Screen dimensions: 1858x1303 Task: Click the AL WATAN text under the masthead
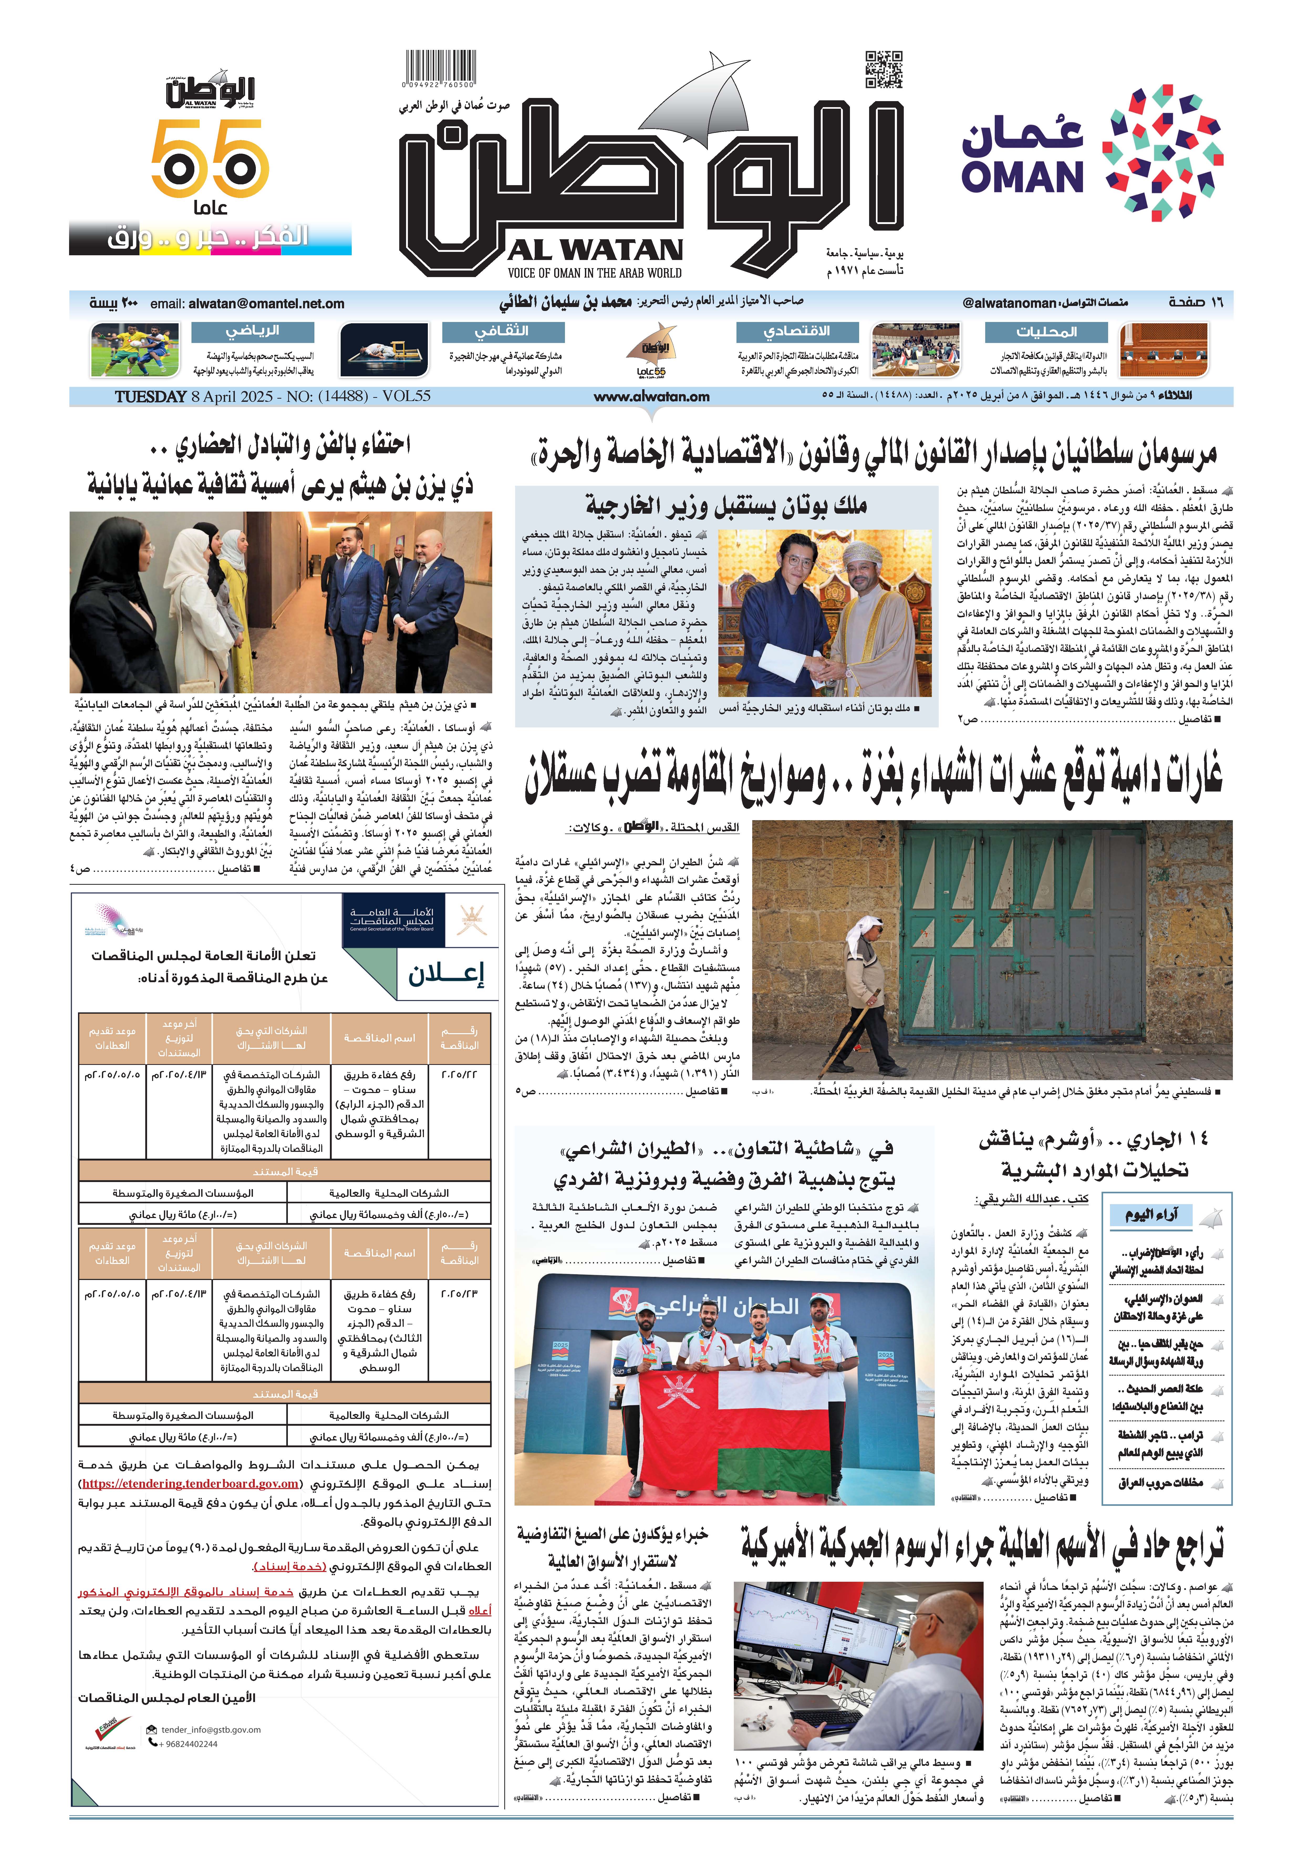(x=595, y=249)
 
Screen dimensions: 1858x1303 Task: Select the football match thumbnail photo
(x=135, y=350)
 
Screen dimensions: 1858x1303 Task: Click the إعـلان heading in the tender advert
(x=445, y=974)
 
